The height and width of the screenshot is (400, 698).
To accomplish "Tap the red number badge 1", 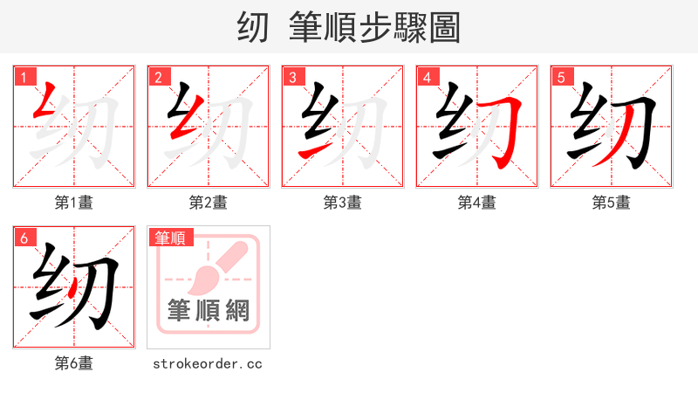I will point(24,78).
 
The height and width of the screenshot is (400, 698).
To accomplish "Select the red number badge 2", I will point(158,78).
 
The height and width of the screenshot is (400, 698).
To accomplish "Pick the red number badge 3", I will point(292,78).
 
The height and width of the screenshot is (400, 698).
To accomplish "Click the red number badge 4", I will point(427,78).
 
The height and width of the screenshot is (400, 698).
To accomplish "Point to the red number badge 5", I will point(561,78).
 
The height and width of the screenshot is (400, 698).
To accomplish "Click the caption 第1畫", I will point(74,203).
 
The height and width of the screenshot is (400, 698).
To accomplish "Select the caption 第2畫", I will point(209,203).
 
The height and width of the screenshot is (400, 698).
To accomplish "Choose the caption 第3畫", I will point(343,203).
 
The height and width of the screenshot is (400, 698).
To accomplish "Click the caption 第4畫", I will point(477,203).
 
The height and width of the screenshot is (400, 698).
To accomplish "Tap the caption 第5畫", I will point(612,203).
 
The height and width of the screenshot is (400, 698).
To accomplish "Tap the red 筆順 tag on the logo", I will point(171,238).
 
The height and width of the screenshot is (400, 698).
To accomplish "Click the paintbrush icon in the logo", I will point(209,271).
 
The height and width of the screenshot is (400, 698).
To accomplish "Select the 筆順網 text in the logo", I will point(209,310).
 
